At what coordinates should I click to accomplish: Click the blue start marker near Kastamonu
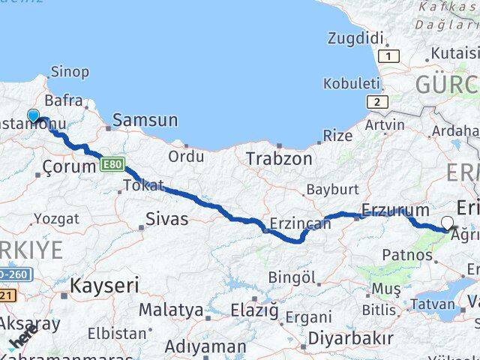[x=33, y=115]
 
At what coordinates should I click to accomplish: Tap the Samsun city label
[x=145, y=120]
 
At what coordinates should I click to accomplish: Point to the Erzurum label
[x=394, y=210]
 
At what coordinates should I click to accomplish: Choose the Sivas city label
[x=167, y=220]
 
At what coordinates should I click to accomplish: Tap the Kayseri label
[x=104, y=285]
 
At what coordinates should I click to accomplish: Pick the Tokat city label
[x=142, y=185]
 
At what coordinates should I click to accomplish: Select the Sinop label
[x=70, y=72]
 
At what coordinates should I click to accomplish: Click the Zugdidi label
[x=356, y=37]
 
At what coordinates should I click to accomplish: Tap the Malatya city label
[x=171, y=310]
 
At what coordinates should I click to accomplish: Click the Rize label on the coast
[x=337, y=136]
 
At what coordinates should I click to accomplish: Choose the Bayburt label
[x=332, y=189]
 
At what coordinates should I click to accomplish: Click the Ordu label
[x=186, y=156]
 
